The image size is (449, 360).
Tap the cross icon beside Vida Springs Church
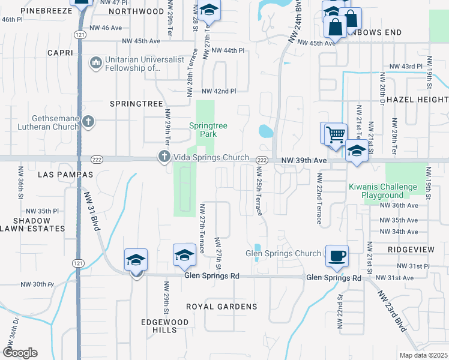(x=163, y=157)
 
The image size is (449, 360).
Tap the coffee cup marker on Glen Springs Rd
(x=337, y=256)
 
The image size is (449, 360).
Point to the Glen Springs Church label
(x=283, y=254)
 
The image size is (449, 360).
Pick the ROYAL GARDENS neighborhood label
(x=221, y=307)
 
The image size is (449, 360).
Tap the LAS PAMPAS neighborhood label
(x=66, y=175)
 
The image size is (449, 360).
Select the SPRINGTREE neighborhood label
(x=137, y=104)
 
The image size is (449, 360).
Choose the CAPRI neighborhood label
(x=60, y=53)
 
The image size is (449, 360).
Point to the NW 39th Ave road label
(x=304, y=161)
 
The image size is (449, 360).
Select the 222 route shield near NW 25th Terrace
(x=262, y=160)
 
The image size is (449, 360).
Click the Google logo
(x=20, y=353)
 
